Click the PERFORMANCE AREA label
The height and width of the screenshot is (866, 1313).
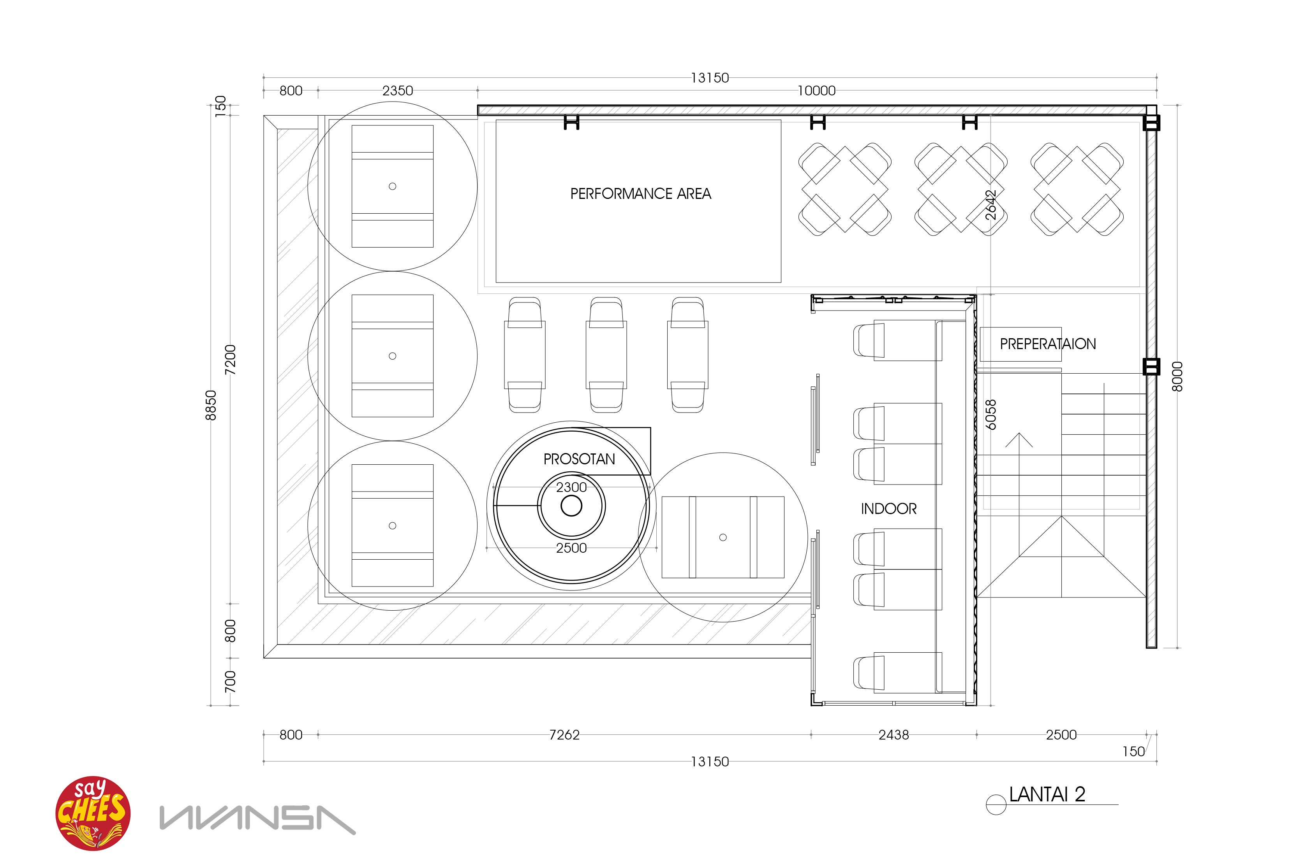click(640, 194)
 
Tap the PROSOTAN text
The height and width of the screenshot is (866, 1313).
click(579, 459)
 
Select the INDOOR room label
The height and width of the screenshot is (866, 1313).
click(888, 509)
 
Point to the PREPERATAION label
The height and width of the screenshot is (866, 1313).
click(1048, 344)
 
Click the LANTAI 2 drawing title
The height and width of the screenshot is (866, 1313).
click(1047, 794)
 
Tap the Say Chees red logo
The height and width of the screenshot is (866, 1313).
click(93, 813)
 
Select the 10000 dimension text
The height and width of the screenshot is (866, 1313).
click(816, 91)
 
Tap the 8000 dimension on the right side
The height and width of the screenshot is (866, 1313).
click(1177, 377)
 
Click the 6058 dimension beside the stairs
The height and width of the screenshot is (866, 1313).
click(991, 415)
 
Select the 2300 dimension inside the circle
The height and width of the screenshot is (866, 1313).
click(571, 487)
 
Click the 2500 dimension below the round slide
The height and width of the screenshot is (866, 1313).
click(571, 548)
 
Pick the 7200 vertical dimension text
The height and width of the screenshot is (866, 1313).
click(231, 360)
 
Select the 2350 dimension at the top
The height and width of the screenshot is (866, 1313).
click(397, 91)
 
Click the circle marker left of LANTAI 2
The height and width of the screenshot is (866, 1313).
click(996, 804)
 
